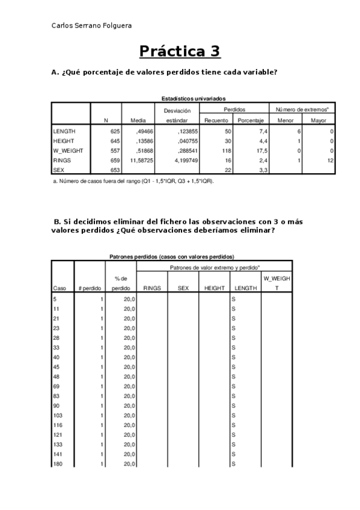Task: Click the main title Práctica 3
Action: (x=180, y=52)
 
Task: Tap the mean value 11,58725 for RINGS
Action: (x=142, y=161)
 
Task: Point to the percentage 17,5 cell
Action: (x=262, y=150)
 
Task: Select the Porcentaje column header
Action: (x=251, y=120)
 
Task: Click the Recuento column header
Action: (x=216, y=120)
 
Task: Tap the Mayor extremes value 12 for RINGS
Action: (x=331, y=161)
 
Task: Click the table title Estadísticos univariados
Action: (x=194, y=99)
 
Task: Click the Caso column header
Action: (x=59, y=288)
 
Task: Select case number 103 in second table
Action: (x=58, y=416)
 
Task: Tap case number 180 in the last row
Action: (x=58, y=464)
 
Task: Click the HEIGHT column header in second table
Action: (x=215, y=288)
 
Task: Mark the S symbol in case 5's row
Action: (x=233, y=299)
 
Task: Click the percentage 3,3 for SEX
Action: (x=263, y=170)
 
